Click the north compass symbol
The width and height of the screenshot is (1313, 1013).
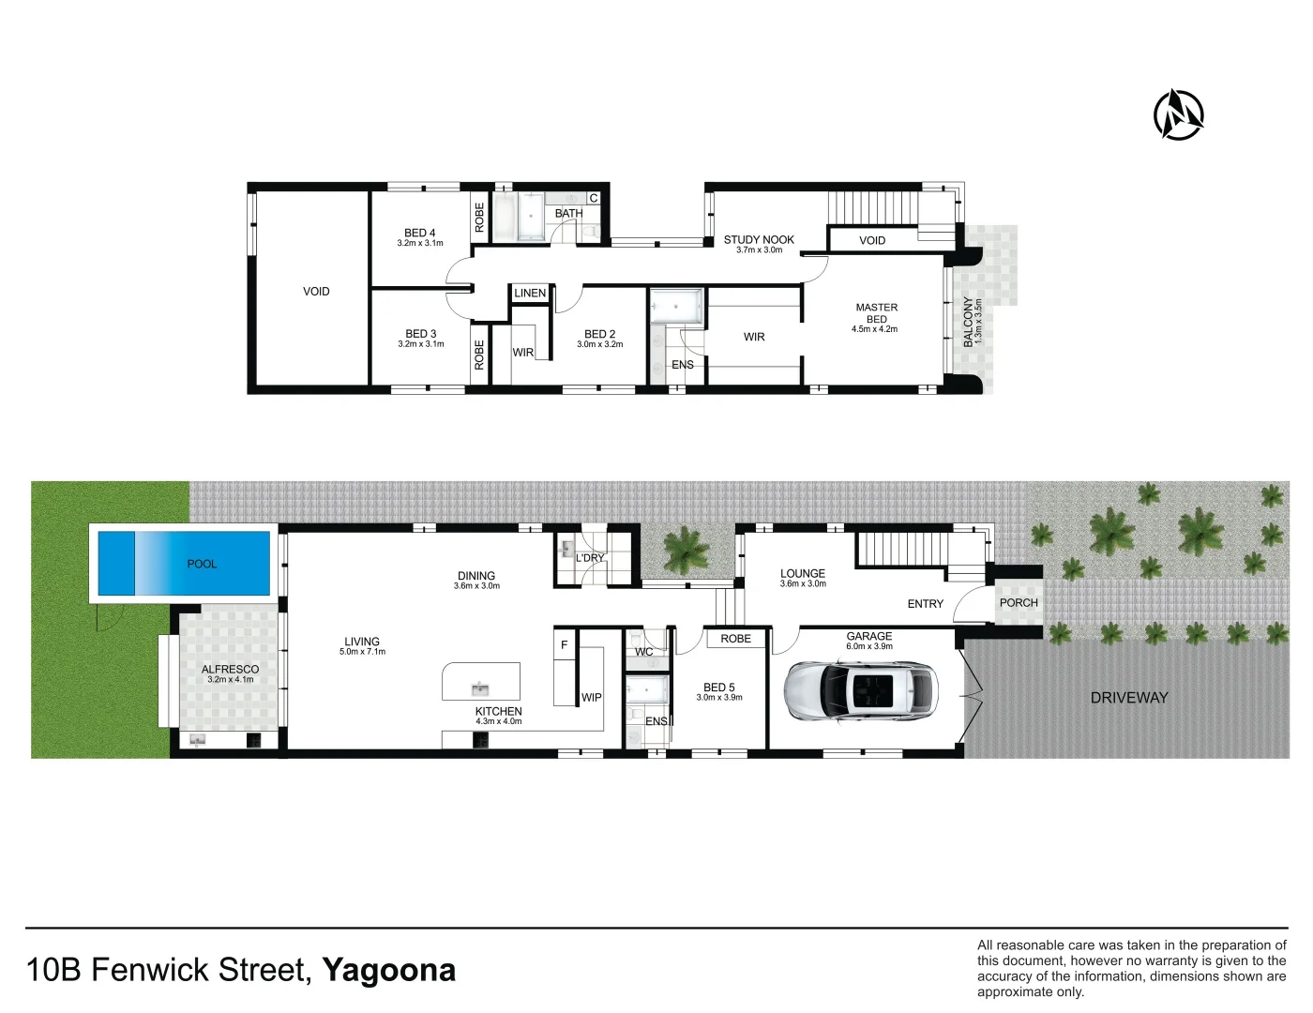[x=1179, y=115]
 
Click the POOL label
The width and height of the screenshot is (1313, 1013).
[x=202, y=564]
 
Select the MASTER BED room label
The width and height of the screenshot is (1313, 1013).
[x=876, y=313]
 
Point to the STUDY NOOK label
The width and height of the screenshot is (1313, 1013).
[x=759, y=239]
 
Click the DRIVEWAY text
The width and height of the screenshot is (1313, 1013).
[x=1129, y=698]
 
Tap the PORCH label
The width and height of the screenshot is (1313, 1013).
[x=1019, y=603]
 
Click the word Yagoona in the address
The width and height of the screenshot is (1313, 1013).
[x=389, y=970]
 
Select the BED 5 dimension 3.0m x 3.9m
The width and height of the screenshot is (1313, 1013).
[x=719, y=698]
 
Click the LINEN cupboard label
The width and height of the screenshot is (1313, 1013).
[x=530, y=293]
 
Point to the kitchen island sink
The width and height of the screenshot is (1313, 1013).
[x=480, y=689]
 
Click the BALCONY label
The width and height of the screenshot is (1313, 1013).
[x=968, y=322]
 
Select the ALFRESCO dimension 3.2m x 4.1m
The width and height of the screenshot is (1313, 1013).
[x=230, y=679]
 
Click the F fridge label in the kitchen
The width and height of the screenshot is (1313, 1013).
[x=564, y=645]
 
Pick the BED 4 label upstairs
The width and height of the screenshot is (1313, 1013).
[x=420, y=233]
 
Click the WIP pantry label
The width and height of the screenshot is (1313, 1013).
[x=592, y=697]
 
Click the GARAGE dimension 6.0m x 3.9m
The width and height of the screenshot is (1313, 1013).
[x=869, y=646]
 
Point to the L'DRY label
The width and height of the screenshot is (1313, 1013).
[x=590, y=558]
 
